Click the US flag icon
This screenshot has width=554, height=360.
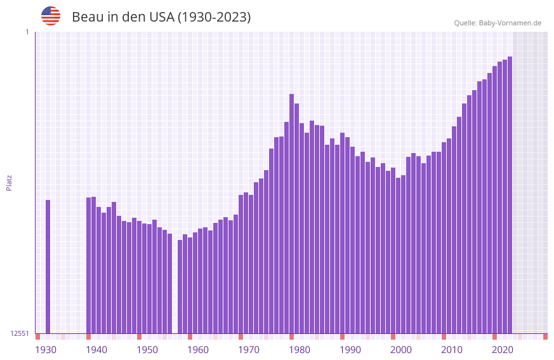[51, 16]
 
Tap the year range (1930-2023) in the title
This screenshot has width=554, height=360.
[214, 17]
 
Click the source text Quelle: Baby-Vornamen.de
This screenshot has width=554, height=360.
[498, 23]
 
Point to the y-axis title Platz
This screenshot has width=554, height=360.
[9, 182]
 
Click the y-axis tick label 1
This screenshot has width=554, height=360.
[27, 32]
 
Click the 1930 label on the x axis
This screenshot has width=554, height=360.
[46, 350]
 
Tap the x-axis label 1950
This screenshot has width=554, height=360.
[147, 350]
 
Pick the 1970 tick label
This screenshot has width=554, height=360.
[249, 350]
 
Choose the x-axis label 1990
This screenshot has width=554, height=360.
[350, 350]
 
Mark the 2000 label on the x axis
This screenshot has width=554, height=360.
[401, 350]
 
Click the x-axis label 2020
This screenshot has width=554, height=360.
[503, 350]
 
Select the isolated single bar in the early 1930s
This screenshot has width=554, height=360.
[48, 267]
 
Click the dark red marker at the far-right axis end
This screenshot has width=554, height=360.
[545, 337]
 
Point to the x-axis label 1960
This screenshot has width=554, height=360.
[198, 350]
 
